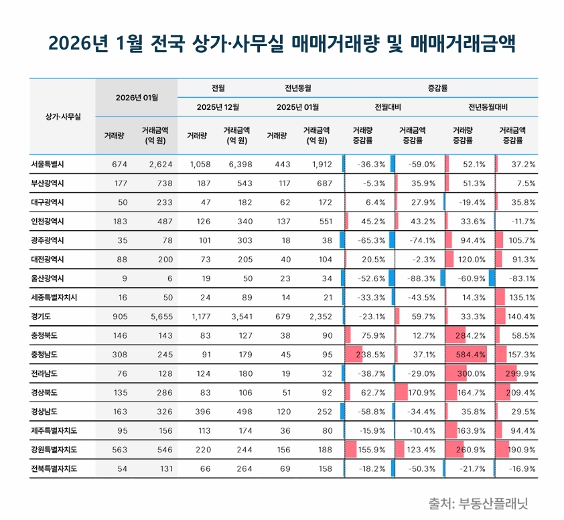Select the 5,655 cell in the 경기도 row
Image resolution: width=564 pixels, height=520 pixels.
click(158, 317)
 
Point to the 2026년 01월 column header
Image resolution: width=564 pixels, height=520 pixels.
click(137, 97)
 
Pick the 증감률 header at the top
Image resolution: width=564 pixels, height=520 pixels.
click(437, 88)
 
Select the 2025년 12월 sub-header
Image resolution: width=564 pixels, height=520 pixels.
click(218, 106)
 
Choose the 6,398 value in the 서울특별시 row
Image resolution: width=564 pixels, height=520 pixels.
click(234, 164)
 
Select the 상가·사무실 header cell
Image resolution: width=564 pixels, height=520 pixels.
click(62, 116)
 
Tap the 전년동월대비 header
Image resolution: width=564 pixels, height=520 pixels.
click(488, 106)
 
